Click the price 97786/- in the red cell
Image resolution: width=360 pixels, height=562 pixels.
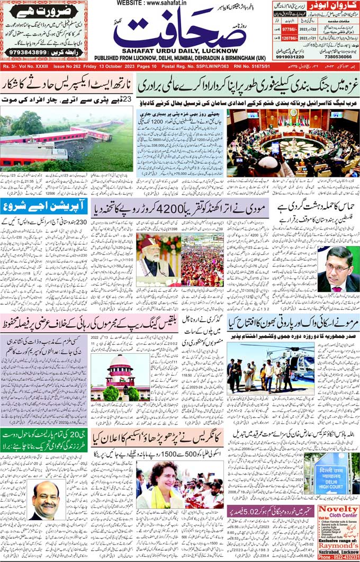[290, 32]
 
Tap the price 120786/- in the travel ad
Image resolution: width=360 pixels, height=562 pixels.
[290, 39]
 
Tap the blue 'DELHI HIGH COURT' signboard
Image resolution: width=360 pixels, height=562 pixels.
[330, 474]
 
